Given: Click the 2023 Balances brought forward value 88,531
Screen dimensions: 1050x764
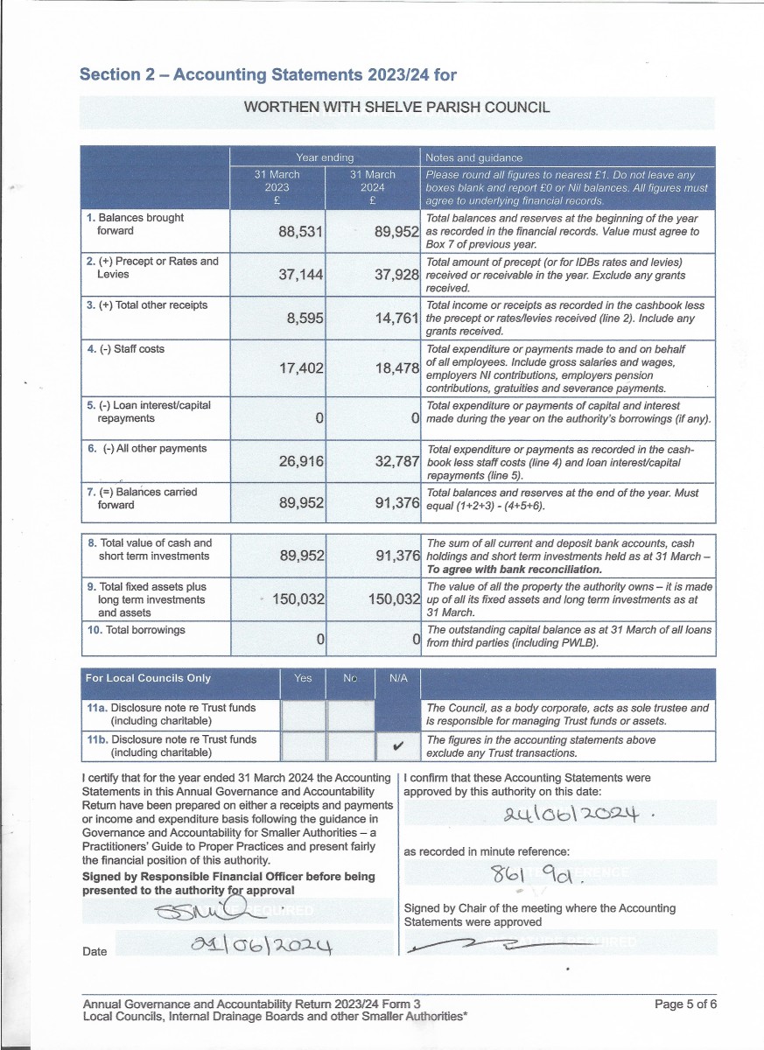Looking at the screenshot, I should pos(301,232).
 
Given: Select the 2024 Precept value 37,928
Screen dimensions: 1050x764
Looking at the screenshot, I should pos(397,275).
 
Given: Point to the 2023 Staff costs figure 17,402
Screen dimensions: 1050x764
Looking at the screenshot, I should pos(301,368).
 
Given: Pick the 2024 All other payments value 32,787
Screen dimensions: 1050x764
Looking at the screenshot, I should pos(397,461).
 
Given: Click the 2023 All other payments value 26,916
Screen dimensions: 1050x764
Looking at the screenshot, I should pos(301,461).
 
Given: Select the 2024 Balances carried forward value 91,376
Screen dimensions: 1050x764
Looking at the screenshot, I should pos(397,503).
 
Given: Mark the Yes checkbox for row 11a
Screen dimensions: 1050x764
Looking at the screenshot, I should pos(302,715).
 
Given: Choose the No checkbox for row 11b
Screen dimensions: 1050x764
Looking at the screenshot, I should pos(350,745).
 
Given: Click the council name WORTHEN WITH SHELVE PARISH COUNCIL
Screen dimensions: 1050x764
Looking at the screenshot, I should pos(396,108).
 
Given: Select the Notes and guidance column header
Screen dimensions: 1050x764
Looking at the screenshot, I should pos(473,157).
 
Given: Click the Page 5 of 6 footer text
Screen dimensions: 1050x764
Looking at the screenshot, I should pos(685,1004).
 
